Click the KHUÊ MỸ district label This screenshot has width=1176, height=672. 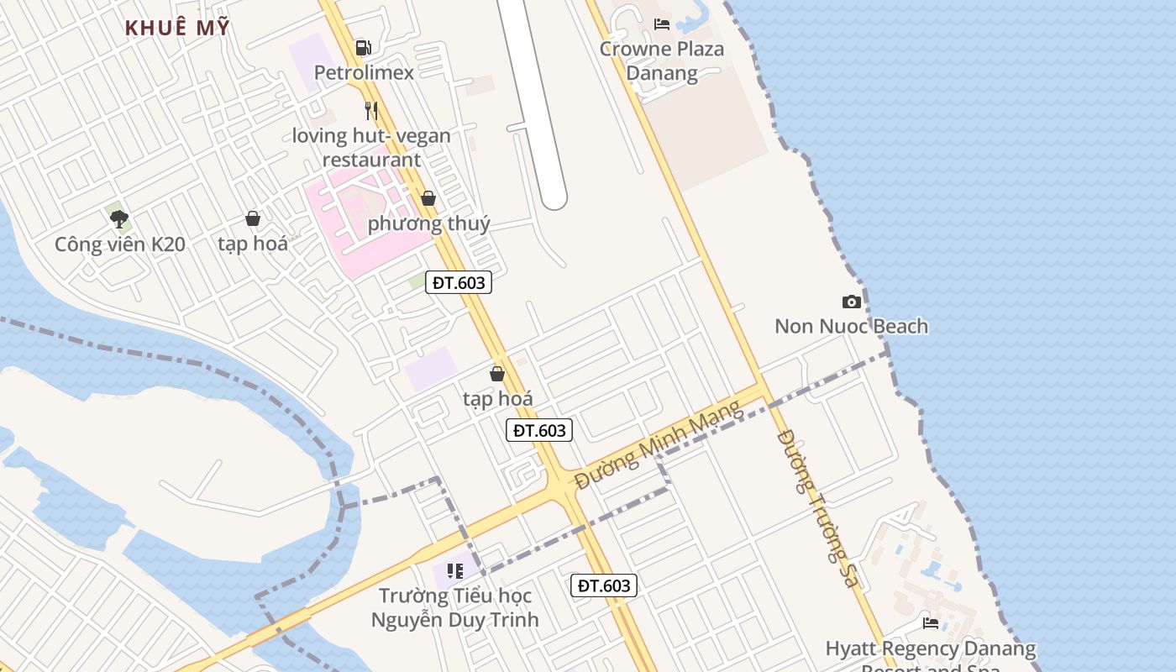click(x=177, y=28)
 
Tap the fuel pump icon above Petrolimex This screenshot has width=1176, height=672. click(x=363, y=47)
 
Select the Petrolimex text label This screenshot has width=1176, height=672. click(x=364, y=72)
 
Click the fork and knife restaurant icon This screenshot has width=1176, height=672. click(x=370, y=110)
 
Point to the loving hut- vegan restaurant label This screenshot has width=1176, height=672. click(x=371, y=147)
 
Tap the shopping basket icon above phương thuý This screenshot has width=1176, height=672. click(x=428, y=198)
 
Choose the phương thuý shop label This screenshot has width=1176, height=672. click(x=428, y=223)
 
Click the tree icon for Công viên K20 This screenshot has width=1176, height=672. click(x=119, y=219)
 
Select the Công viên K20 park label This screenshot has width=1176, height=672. click(x=119, y=244)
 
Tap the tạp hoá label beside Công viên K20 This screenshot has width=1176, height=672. click(x=253, y=244)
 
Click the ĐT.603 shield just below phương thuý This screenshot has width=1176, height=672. click(x=459, y=282)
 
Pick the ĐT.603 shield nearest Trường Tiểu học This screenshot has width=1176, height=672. click(x=604, y=585)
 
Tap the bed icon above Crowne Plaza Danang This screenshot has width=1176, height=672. click(x=662, y=24)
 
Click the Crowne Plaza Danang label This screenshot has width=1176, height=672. click(x=661, y=60)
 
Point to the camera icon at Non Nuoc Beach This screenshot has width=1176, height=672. click(x=852, y=302)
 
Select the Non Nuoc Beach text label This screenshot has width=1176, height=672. click(x=851, y=326)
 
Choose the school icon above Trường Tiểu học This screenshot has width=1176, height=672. click(x=455, y=572)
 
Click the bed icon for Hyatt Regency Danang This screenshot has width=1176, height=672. click(x=931, y=623)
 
